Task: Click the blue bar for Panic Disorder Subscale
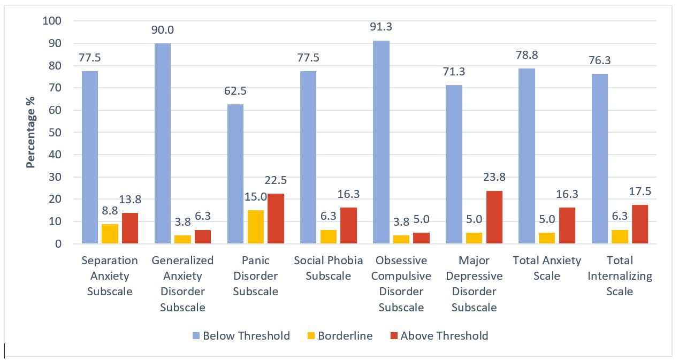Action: coord(235,174)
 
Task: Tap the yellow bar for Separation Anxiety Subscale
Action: coord(110,234)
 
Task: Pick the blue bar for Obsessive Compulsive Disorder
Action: coord(381,142)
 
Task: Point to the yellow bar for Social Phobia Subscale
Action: coord(328,236)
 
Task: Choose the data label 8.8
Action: coord(110,213)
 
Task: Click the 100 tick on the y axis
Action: coord(52,21)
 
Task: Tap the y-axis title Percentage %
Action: coord(31,133)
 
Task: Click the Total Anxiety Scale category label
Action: coord(546,268)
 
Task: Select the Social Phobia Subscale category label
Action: coord(328,268)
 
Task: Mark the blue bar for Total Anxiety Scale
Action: coord(527,156)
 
